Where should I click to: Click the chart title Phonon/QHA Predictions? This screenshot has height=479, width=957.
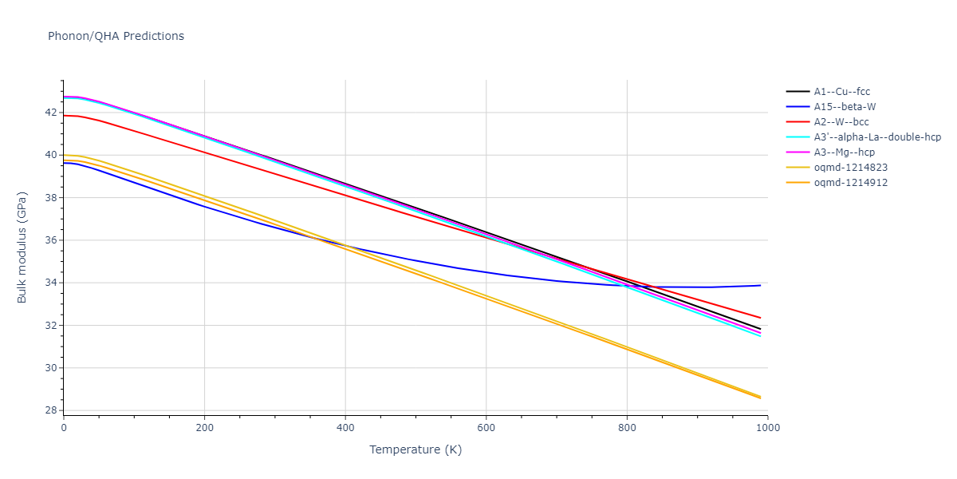click(116, 36)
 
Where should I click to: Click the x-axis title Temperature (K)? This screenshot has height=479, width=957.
click(415, 449)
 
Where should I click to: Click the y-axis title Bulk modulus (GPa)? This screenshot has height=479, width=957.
click(22, 247)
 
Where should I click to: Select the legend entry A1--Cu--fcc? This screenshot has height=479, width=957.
click(841, 92)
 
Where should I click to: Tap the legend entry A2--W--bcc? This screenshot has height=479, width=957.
click(841, 122)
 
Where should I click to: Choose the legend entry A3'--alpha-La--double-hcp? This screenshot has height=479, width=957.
click(877, 137)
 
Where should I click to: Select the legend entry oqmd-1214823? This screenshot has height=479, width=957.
click(850, 168)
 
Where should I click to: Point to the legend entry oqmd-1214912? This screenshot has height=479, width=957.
click(850, 183)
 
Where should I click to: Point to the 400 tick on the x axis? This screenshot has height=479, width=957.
click(345, 428)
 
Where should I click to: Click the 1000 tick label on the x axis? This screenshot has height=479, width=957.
click(767, 428)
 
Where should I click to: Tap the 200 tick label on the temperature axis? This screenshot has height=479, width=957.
click(204, 428)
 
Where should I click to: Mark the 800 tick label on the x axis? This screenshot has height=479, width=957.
click(627, 428)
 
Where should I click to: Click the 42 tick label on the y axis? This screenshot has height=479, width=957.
click(50, 113)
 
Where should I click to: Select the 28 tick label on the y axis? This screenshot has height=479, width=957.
click(50, 411)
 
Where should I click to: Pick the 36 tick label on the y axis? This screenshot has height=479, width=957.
click(50, 240)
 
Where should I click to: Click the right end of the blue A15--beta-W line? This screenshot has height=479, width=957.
click(760, 285)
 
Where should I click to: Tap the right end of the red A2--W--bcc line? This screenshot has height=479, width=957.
click(760, 318)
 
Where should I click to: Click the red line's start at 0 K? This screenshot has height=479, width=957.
click(65, 116)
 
